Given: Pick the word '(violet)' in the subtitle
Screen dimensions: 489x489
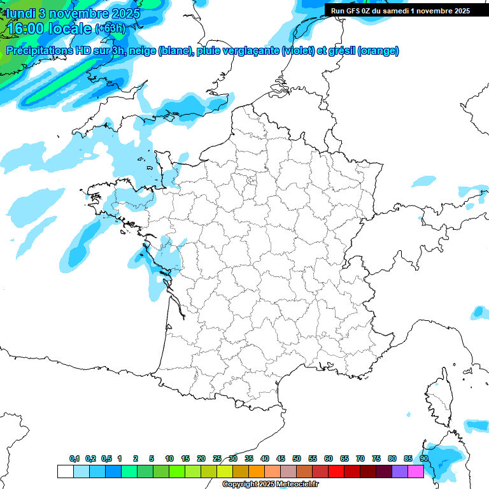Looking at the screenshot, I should tap(297, 51).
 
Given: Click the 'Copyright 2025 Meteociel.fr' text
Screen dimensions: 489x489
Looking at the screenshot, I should tap(270, 485).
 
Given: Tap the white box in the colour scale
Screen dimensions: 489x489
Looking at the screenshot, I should tap(65, 471).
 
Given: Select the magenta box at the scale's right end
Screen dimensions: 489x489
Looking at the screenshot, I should tap(416, 471).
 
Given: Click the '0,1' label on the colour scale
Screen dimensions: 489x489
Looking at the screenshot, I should tap(74, 459).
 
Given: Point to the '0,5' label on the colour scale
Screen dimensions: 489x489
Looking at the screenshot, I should tap(106, 459).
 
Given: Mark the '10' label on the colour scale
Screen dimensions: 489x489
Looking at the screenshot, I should tap(169, 459).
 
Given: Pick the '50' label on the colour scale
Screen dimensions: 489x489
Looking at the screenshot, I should tap(297, 459).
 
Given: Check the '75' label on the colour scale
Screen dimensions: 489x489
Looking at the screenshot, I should tap(376, 459).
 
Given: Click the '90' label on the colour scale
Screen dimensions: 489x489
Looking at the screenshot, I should tap(423, 459).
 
